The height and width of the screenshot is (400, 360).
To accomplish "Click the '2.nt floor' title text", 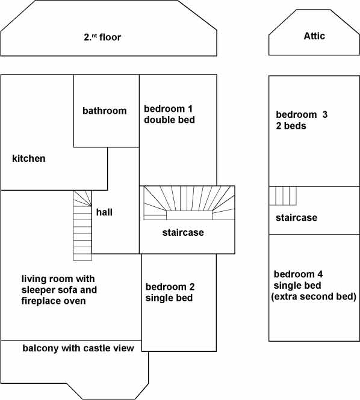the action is click(x=102, y=37).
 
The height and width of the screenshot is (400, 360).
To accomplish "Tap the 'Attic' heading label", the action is click(x=314, y=36).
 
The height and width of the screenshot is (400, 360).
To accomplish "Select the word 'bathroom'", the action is click(x=104, y=111).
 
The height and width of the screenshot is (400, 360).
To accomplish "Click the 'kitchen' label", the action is click(x=29, y=158).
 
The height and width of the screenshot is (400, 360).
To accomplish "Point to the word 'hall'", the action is click(x=104, y=212).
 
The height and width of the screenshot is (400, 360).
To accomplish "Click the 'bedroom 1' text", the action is click(x=168, y=109).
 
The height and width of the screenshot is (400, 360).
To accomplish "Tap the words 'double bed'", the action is click(x=169, y=120).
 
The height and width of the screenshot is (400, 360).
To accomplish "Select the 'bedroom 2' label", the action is click(x=170, y=287).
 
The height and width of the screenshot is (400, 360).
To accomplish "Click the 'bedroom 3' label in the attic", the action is click(x=302, y=114).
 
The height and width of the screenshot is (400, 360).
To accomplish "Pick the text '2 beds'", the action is click(x=291, y=126).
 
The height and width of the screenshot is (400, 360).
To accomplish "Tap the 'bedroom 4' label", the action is click(x=298, y=274).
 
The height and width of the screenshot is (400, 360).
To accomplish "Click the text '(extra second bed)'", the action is click(x=314, y=297).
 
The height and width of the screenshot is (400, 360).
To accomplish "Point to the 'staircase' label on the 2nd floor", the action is click(x=183, y=232).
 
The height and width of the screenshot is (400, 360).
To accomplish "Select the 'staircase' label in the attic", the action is click(x=296, y=218).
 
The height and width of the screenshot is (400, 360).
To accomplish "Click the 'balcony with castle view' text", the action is click(x=78, y=348).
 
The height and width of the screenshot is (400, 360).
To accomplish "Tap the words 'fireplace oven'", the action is click(x=54, y=301).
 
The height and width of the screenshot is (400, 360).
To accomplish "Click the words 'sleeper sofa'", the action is click(x=46, y=290).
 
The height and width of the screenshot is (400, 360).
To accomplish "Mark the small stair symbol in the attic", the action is click(x=283, y=195).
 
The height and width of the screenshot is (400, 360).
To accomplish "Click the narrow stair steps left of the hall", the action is click(x=82, y=226).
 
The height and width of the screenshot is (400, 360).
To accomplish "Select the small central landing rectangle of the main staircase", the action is click(x=189, y=215).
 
